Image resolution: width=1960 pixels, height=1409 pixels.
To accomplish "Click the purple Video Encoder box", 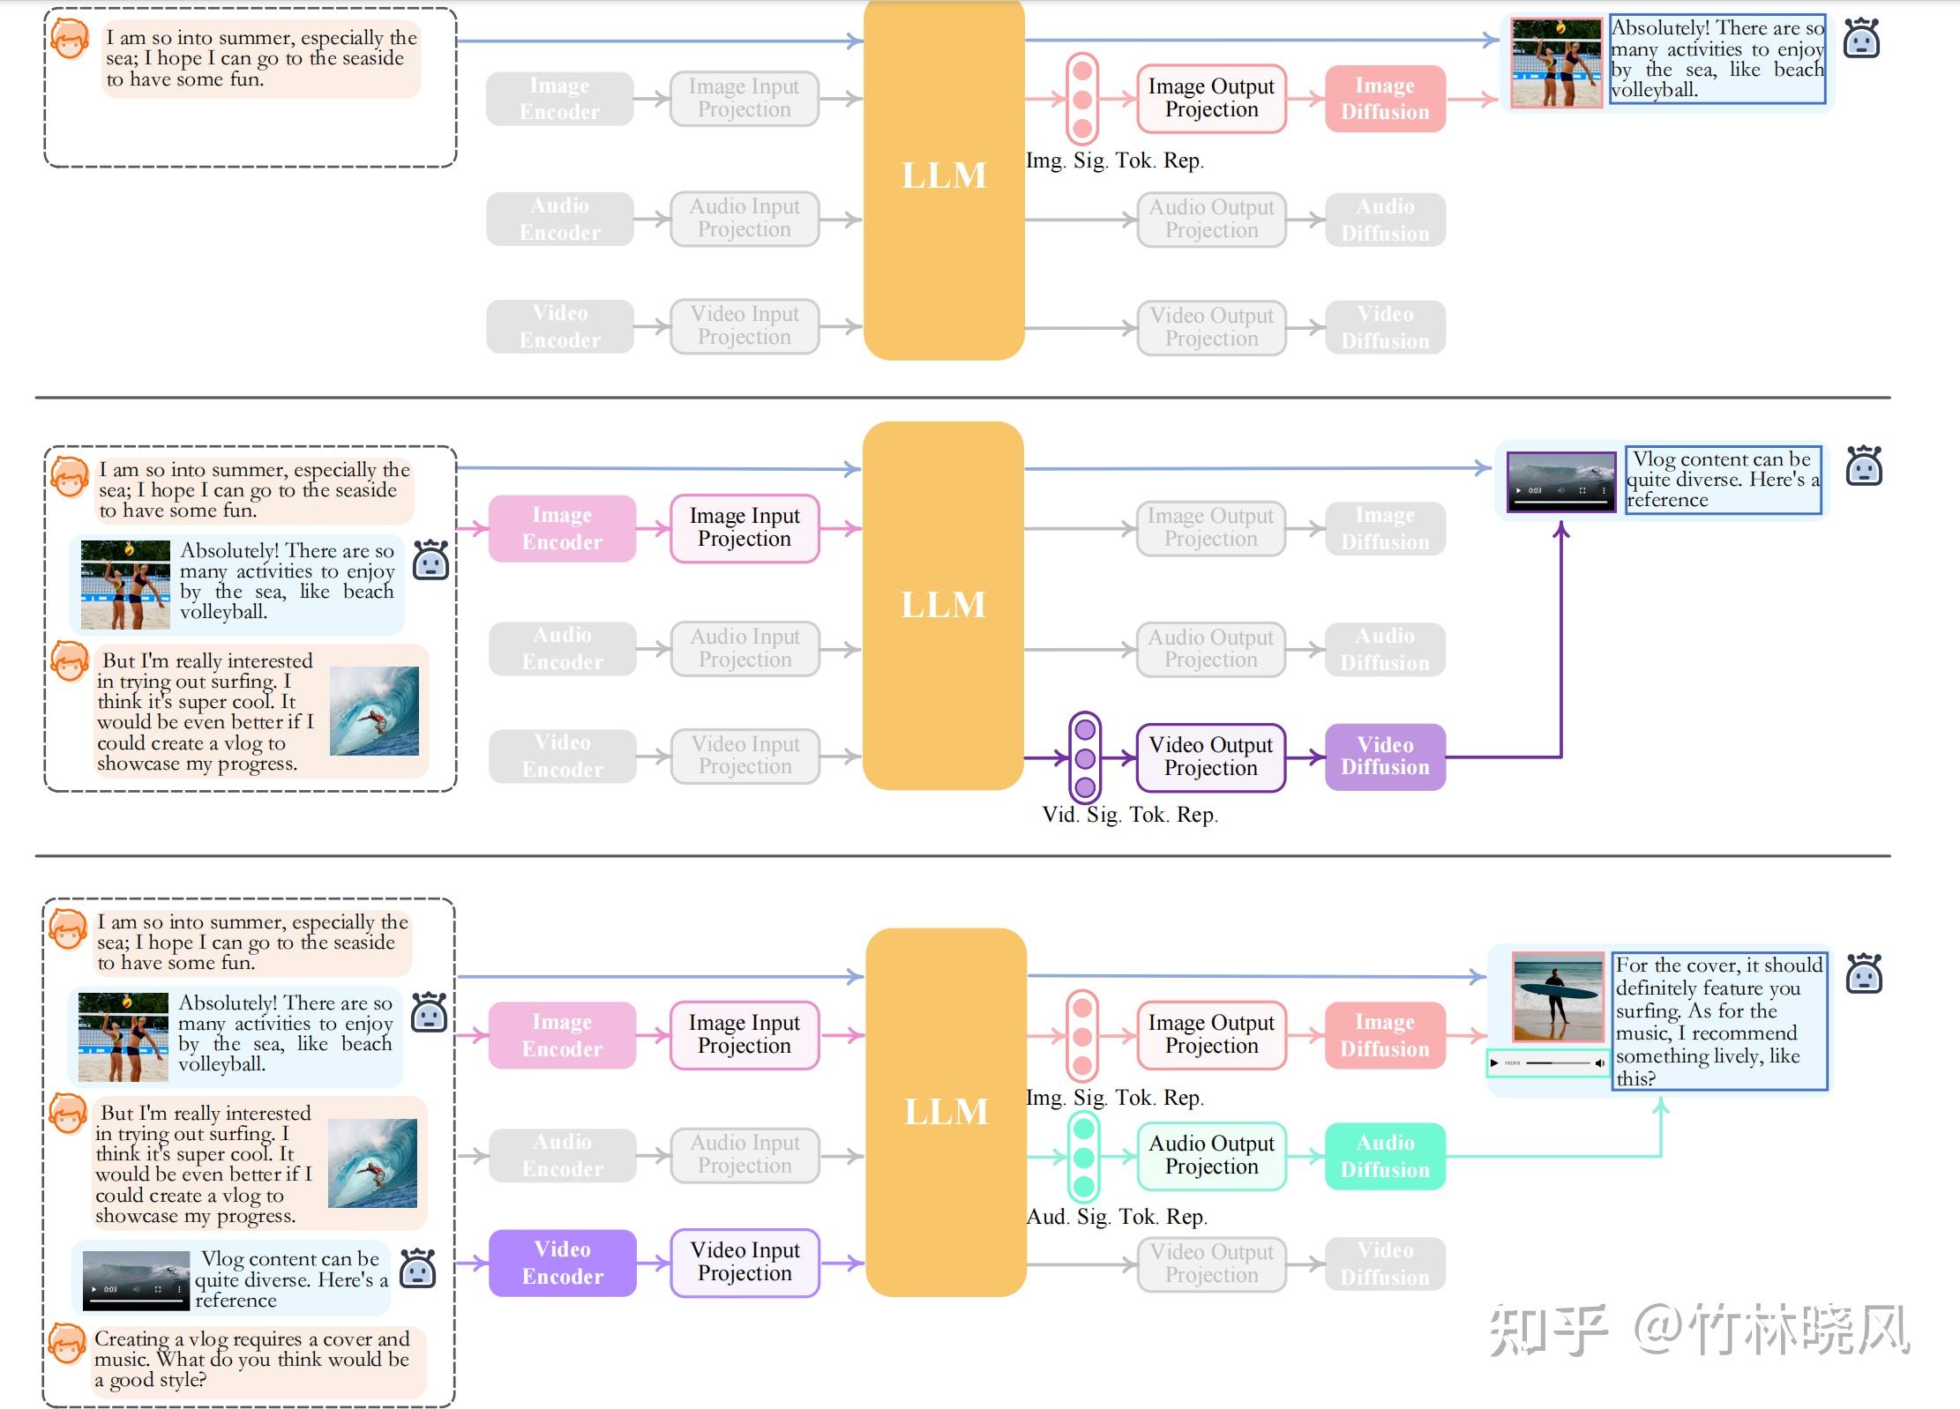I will tap(562, 1263).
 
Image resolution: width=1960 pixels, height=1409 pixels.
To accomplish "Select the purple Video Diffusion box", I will tap(1385, 757).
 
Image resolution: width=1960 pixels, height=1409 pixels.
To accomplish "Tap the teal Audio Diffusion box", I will tap(1385, 1156).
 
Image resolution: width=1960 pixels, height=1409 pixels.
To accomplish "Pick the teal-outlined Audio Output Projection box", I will tap(1211, 1155).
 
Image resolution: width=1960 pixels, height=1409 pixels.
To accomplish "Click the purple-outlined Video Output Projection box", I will tap(1210, 757).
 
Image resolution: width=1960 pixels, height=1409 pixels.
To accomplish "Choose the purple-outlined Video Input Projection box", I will tap(744, 1263).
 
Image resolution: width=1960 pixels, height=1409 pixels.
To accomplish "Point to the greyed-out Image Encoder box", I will tap(559, 99).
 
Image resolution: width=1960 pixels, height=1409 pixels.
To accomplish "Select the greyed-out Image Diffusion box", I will tap(1385, 528).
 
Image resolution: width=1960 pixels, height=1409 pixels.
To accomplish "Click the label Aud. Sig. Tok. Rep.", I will tap(1117, 1217).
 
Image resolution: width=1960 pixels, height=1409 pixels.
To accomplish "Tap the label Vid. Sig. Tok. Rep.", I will tap(1129, 815).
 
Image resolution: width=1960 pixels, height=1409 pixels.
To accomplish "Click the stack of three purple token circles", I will tap(1085, 757).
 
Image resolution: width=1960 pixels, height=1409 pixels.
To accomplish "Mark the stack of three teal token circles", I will tap(1084, 1157).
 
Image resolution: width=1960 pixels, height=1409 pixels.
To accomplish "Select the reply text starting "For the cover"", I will tap(1718, 1021).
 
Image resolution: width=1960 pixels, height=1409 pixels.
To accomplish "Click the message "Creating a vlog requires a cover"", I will tap(252, 1359).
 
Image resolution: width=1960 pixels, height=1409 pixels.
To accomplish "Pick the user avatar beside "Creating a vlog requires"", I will tap(67, 1344).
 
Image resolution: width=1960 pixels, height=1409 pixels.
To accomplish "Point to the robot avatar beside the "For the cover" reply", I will tap(1864, 973).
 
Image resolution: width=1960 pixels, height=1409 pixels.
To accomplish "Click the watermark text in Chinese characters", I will tap(1699, 1330).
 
